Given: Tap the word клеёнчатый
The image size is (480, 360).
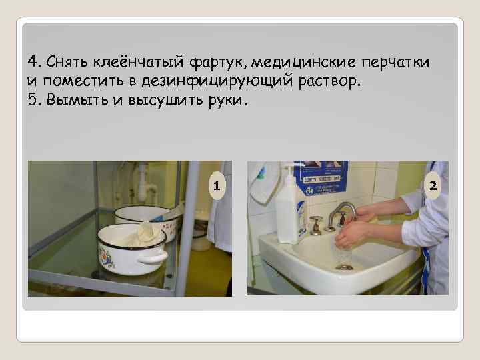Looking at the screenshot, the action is [138, 61].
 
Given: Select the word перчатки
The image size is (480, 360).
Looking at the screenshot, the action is [395, 63].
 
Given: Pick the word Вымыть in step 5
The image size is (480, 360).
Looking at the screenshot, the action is [77, 100].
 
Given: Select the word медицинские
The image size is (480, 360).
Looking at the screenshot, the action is [304, 63].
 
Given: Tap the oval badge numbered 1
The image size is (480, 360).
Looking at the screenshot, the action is [217, 186].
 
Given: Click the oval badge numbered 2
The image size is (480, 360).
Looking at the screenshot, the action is [433, 185].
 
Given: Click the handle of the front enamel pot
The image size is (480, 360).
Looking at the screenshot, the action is [152, 257].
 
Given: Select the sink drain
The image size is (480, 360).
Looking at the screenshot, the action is [345, 267].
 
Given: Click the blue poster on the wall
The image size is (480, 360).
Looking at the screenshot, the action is [321, 177].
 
